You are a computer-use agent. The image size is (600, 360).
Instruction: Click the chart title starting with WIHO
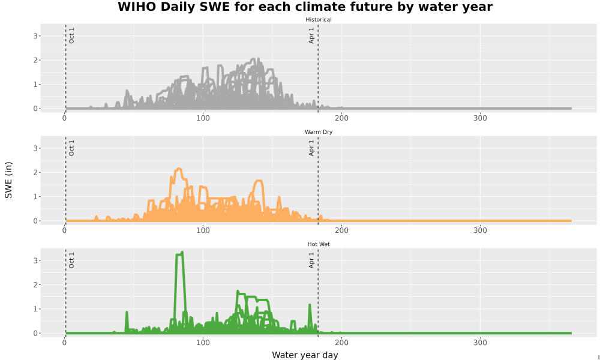tap(305, 7)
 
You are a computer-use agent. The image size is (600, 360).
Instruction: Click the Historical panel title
tap(319, 20)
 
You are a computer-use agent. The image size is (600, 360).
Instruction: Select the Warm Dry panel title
tap(319, 132)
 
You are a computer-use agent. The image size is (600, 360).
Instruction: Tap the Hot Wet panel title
tap(319, 244)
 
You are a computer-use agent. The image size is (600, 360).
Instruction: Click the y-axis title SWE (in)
tap(8, 180)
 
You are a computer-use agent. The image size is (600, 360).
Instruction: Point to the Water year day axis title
tap(305, 355)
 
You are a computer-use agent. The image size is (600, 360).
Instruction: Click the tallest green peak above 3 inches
tap(182, 252)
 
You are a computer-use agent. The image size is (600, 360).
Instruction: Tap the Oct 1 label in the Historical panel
tap(71, 35)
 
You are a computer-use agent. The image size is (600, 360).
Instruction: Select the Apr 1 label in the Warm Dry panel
tap(311, 148)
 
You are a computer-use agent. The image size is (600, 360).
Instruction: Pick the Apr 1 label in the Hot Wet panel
tap(311, 260)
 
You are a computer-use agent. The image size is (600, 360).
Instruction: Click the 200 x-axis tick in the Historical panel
tap(342, 118)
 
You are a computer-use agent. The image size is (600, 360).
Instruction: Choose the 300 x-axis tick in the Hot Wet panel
tap(480, 343)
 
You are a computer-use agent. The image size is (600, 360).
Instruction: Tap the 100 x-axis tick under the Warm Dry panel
tap(203, 230)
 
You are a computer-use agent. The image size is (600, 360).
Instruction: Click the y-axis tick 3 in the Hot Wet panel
tap(35, 260)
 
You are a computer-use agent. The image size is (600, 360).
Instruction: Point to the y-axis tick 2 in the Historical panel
tap(35, 61)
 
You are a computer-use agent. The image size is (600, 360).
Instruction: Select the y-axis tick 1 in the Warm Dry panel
tap(35, 197)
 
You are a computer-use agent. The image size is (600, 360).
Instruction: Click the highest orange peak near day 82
tap(178, 169)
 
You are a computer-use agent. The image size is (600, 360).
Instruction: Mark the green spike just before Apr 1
tap(310, 305)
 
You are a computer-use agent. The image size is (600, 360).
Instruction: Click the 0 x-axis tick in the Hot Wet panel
tap(65, 343)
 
